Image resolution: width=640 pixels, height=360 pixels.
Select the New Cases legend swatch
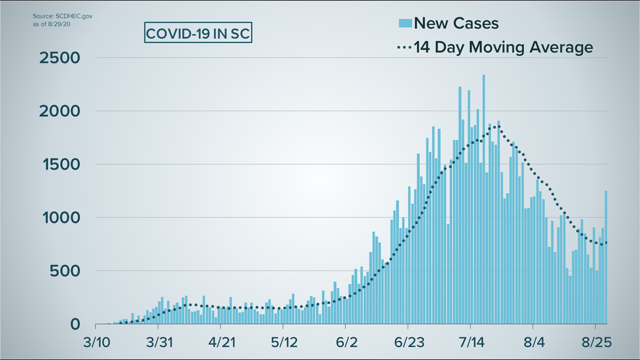tap(405, 23)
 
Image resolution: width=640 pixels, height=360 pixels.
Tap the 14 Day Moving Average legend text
tap(503, 47)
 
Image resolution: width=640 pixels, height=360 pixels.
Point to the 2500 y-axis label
tap(60, 58)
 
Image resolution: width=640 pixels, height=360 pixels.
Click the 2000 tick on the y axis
tap(60, 111)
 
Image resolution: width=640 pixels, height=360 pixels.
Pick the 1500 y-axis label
tap(60, 165)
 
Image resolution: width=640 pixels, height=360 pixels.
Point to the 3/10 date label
tap(97, 342)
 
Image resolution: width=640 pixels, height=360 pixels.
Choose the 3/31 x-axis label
tap(159, 342)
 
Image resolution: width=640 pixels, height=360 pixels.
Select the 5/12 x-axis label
tap(283, 342)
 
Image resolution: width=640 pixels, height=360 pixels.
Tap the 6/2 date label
tap(345, 342)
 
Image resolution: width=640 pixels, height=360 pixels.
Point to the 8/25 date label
tap(595, 342)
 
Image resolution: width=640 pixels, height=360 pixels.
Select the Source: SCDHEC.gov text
tap(63, 16)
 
